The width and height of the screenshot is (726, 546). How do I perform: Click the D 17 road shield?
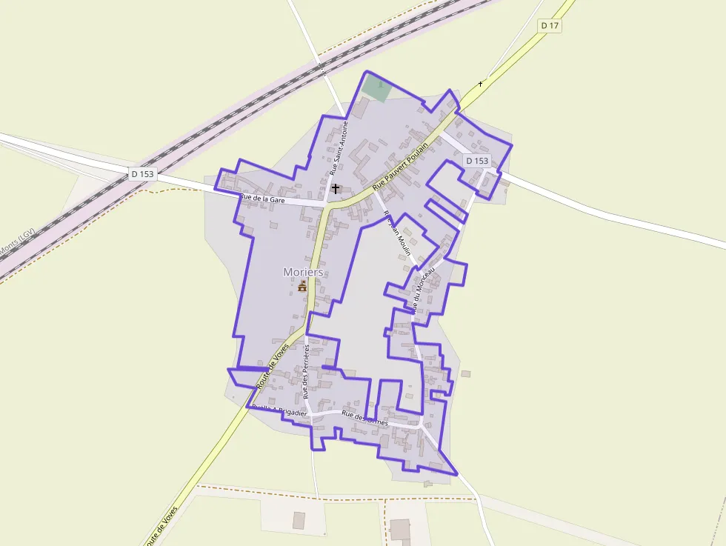[549, 25]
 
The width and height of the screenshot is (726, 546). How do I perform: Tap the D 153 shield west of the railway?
[142, 174]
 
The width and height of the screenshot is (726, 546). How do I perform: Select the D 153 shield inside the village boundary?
[478, 161]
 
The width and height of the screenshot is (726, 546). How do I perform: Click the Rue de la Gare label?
[262, 199]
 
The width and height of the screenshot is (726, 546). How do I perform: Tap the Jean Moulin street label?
[397, 233]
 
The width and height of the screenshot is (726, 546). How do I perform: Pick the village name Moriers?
[303, 272]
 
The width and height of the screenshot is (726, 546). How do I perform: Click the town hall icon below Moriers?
[302, 286]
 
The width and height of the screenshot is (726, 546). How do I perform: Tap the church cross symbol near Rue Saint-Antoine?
[336, 189]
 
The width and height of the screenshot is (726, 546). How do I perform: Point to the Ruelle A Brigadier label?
[279, 410]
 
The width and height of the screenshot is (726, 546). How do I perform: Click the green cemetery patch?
[377, 88]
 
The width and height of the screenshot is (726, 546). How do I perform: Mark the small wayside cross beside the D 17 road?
[480, 83]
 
